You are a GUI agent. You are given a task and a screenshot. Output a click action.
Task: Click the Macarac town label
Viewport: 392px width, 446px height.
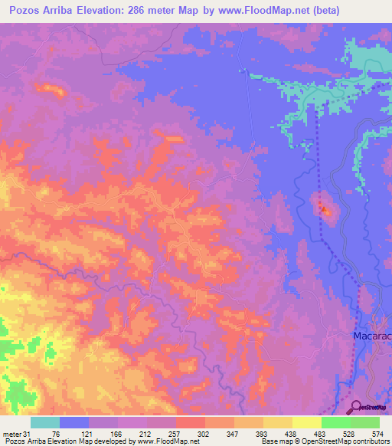point(372,336)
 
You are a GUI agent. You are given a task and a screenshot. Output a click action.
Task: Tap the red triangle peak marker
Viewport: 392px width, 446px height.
point(325,210)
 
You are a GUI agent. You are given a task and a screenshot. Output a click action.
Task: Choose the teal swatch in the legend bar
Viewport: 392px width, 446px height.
point(45,422)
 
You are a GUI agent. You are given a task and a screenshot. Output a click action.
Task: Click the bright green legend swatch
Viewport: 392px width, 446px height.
point(335,422)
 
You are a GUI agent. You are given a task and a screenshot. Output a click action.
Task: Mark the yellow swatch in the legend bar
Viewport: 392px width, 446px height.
point(278,422)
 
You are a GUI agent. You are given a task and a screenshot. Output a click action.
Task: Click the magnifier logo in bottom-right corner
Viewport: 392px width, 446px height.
point(357,408)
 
